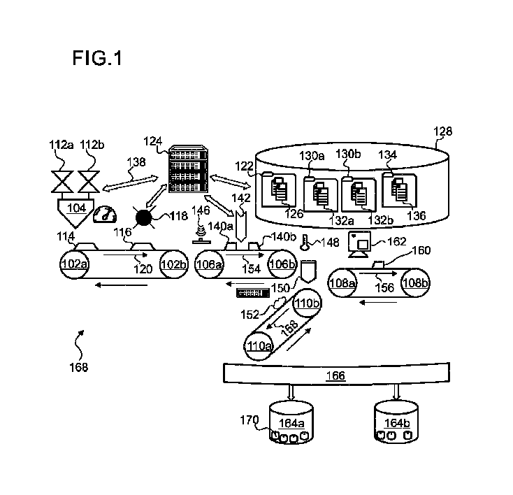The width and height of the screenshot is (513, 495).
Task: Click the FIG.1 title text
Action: tap(96, 58)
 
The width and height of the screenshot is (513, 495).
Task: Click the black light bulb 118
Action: tap(145, 218)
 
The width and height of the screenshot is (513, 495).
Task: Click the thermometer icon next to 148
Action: tap(305, 242)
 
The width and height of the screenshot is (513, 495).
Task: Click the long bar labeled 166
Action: tap(336, 376)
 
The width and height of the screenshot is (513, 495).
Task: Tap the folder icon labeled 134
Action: tap(399, 189)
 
